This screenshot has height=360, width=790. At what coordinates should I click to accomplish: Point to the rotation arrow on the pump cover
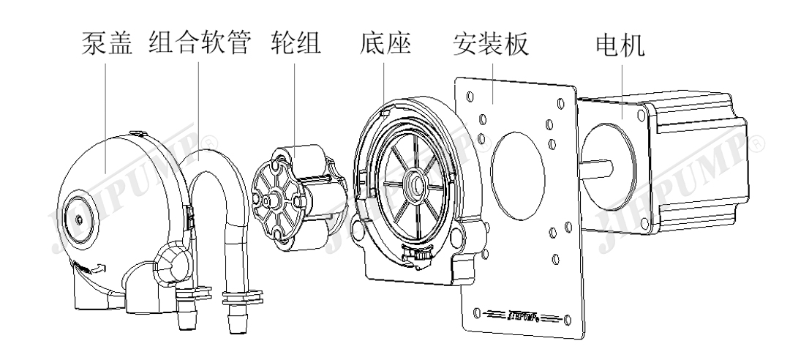98,270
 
